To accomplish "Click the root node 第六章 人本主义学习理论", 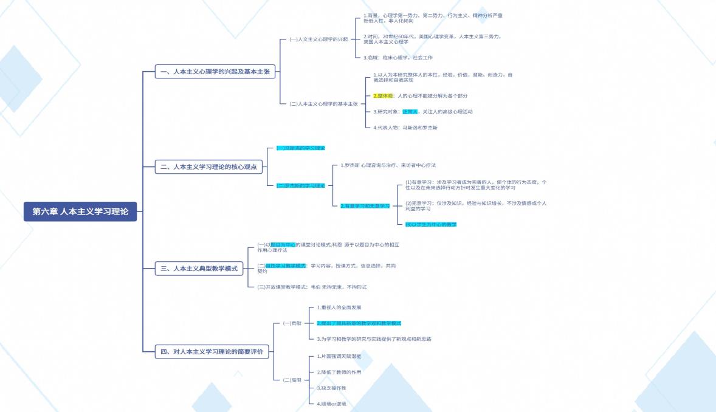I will (80, 211).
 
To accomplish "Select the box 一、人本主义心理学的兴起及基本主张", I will (216, 72).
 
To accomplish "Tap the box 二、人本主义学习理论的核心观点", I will (215, 167).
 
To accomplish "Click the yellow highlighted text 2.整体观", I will (383, 96).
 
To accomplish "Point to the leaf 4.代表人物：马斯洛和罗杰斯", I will (405, 128).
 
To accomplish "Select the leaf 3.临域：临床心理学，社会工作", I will (398, 58).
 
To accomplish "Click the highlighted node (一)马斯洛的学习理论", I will (301, 148).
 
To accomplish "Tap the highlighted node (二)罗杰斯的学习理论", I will (301, 185).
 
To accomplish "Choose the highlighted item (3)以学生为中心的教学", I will (431, 224).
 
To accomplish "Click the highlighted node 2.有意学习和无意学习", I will (365, 206).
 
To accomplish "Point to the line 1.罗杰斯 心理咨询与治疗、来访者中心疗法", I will (388, 165).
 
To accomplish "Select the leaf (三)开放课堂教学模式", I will (312, 287).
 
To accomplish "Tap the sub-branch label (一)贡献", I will (292, 323).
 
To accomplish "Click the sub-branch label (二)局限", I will (292, 380).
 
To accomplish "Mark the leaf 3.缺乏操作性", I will (332, 388).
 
